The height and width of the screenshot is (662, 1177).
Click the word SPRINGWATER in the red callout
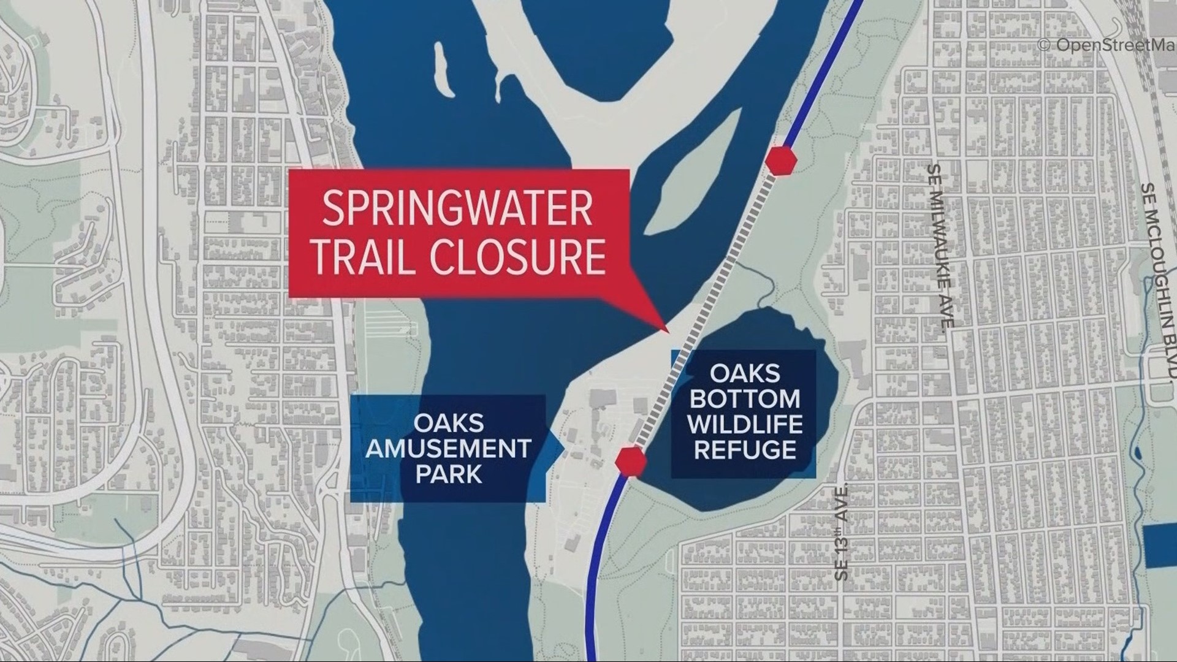click(457, 209)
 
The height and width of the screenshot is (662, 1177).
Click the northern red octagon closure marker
click(780, 161)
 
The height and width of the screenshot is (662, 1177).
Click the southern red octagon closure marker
click(631, 461)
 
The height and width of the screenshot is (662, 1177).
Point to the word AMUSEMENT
click(448, 449)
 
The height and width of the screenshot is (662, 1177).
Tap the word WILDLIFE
click(744, 424)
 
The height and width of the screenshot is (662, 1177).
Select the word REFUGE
click(744, 451)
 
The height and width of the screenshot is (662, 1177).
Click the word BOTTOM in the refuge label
click(744, 398)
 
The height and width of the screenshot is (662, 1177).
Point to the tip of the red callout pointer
click(668, 331)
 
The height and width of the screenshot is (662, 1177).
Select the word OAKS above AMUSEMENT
click(448, 423)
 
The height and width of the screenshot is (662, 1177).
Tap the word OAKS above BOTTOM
click(744, 373)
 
